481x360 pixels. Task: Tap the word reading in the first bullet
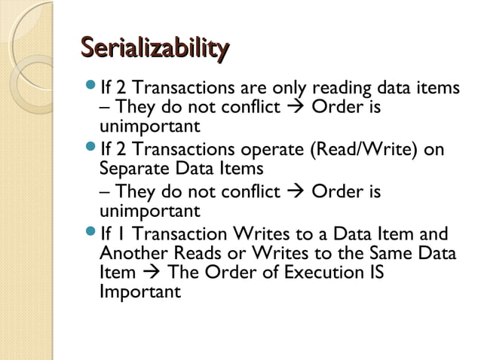coord(334,89)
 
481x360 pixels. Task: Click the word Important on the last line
coord(139,290)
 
